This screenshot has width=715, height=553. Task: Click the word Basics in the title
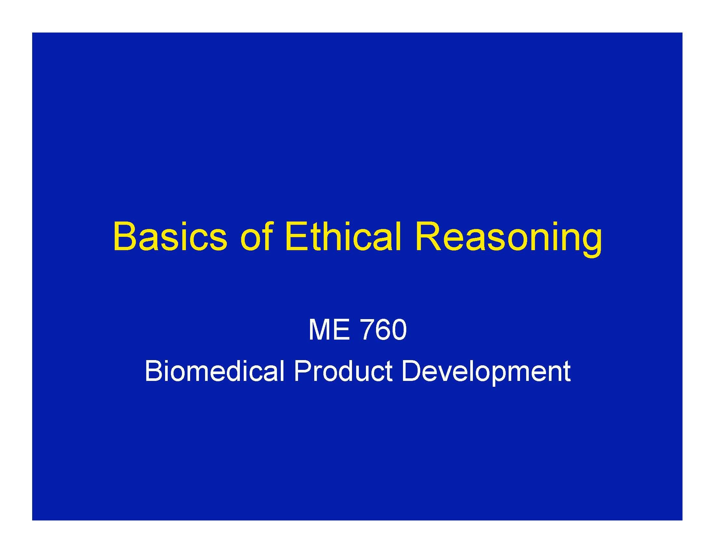pyautogui.click(x=170, y=236)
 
